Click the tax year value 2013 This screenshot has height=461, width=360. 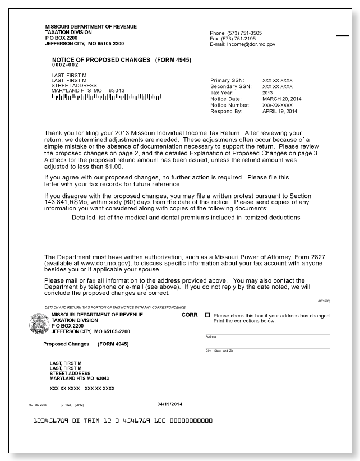[x=269, y=93]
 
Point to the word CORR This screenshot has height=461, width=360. [x=190, y=315]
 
